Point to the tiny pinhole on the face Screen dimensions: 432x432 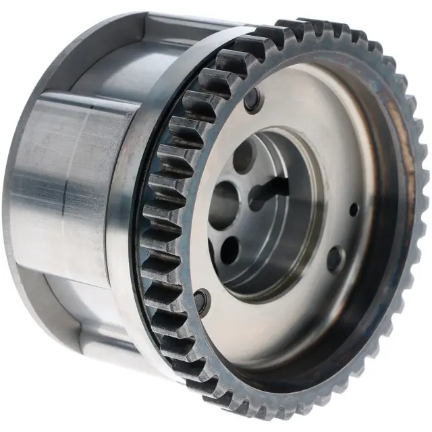click(354, 210)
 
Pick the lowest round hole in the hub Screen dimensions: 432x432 click(230, 251)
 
